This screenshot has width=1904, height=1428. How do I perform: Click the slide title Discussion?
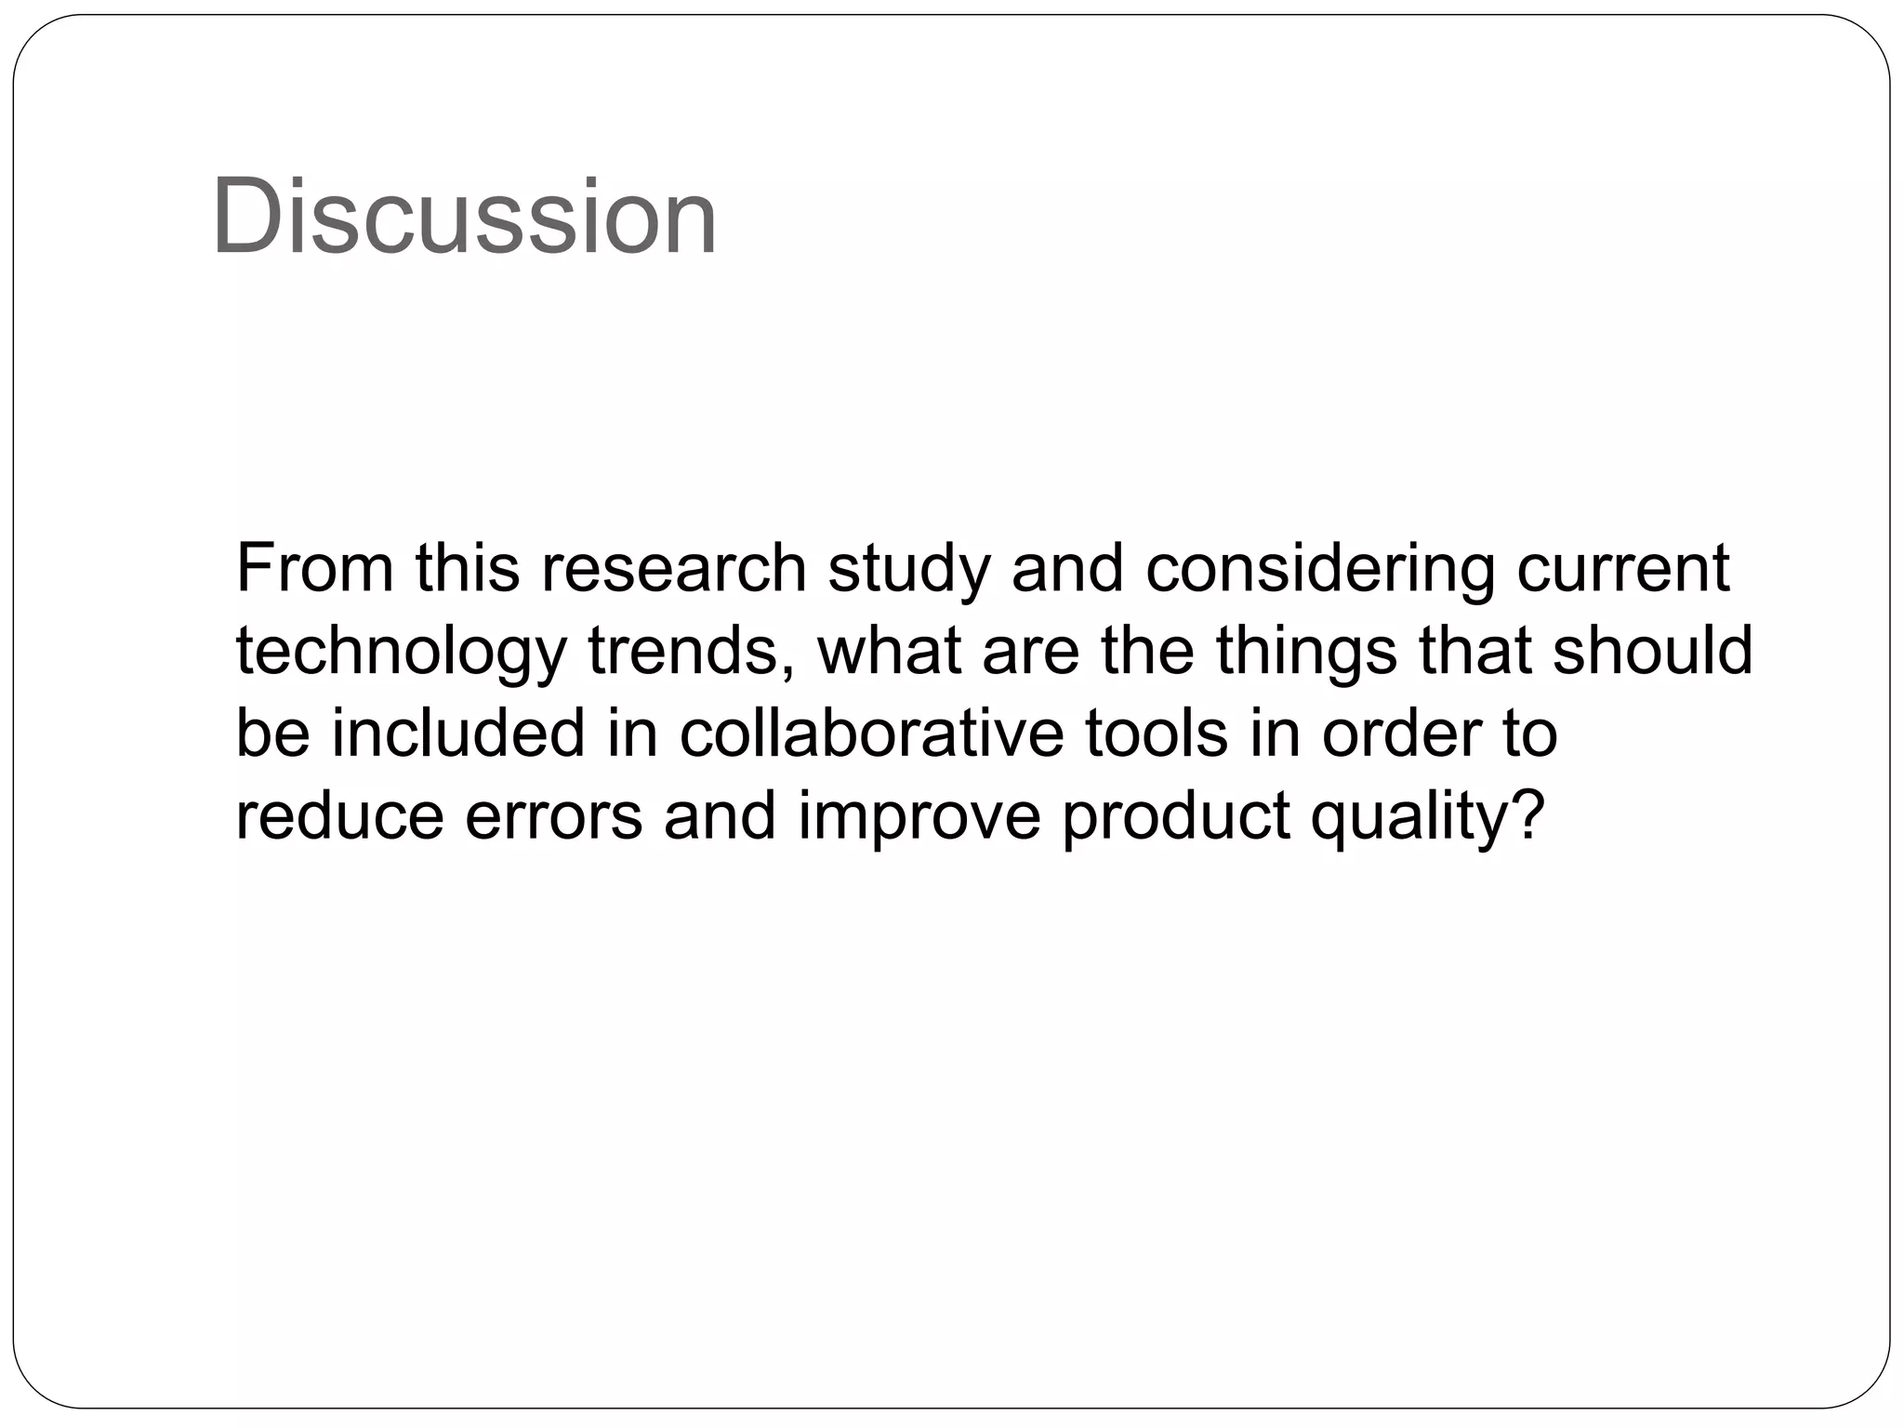click(x=464, y=218)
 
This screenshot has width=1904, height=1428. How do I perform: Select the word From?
click(x=314, y=568)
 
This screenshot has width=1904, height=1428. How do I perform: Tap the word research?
click(x=674, y=568)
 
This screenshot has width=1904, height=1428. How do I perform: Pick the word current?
click(x=1623, y=568)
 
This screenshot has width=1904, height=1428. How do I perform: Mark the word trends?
click(x=691, y=651)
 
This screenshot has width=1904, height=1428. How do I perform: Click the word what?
click(x=889, y=651)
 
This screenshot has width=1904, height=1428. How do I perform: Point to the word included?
click(x=458, y=734)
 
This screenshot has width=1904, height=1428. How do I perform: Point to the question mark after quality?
click(x=1527, y=815)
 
